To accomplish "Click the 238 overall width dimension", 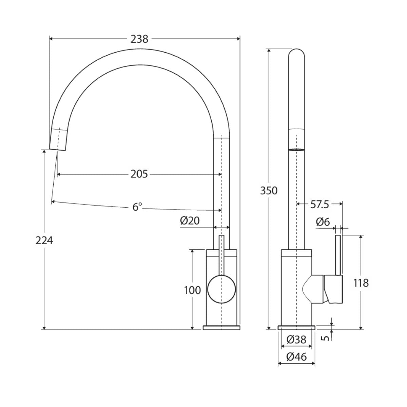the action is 139,39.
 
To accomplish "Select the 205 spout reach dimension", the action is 139,174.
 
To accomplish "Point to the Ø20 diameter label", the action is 190,221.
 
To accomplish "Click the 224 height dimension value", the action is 44,240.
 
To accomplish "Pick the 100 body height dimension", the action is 192,290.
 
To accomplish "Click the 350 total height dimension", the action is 269,191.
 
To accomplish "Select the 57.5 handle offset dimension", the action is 319,205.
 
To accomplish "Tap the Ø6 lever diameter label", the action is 323,222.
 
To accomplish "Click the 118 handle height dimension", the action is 361,283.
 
